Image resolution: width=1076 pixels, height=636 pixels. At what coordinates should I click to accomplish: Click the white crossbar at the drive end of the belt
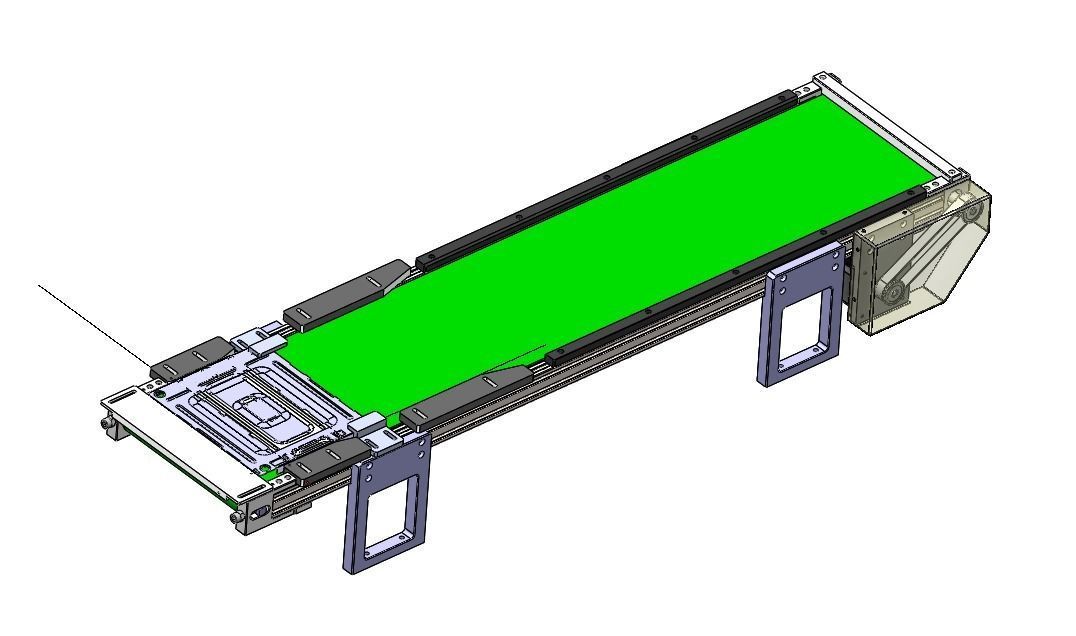[x=885, y=125]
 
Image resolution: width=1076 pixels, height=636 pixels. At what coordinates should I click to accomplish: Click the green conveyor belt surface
[x=620, y=260]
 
